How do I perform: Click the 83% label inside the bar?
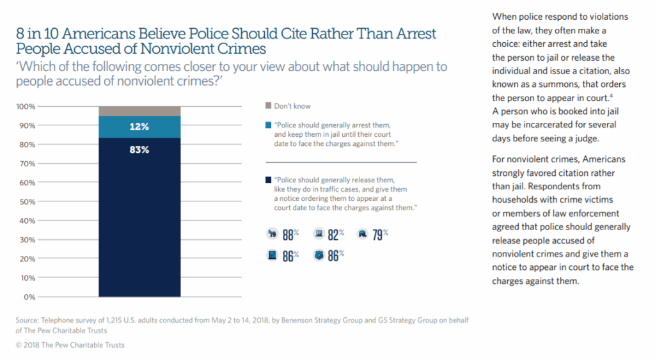coord(139,150)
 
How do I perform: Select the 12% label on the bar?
coord(139,127)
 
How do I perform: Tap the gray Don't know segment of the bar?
coord(139,111)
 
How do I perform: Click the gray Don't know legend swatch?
coord(267,106)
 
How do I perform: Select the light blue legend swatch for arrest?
coord(267,125)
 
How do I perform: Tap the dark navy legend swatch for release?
coord(267,180)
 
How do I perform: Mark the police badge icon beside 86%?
coord(319,255)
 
